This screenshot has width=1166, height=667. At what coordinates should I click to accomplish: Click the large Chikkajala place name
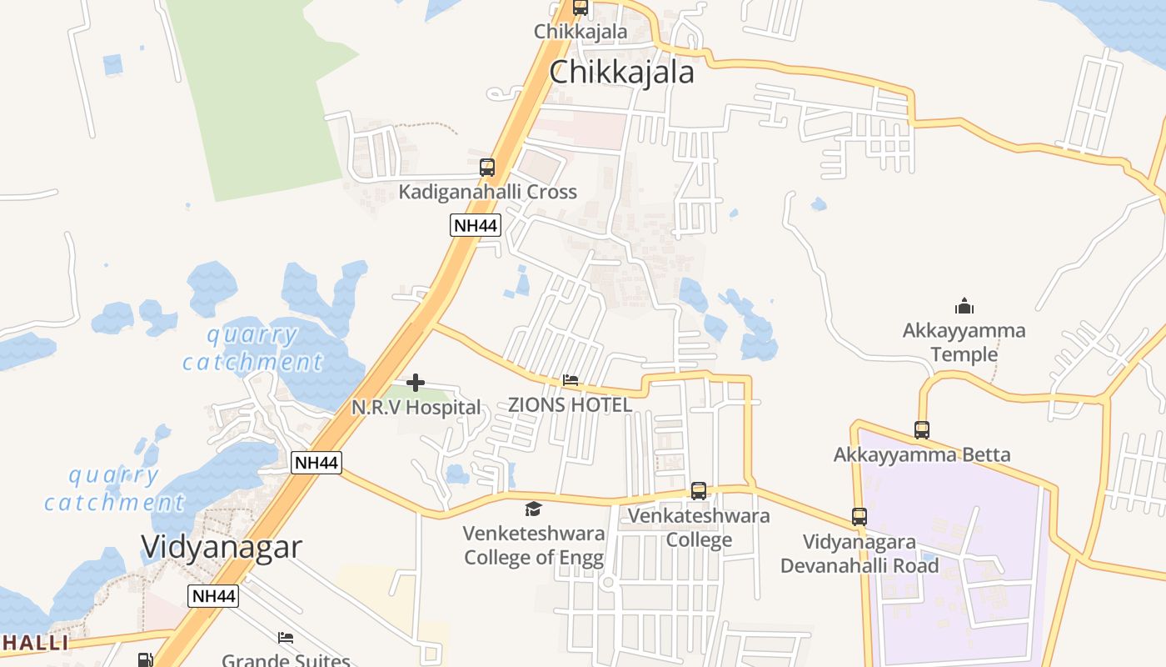pos(621,73)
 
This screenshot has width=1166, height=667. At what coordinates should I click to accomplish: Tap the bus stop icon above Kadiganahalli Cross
pos(487,168)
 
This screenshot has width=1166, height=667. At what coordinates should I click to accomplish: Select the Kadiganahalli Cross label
pos(487,192)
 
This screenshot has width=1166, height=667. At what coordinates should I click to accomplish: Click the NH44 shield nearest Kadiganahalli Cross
pos(476,224)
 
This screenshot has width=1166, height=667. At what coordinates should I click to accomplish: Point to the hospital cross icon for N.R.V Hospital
pos(416,383)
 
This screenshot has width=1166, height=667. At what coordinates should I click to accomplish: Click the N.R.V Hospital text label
pos(416,408)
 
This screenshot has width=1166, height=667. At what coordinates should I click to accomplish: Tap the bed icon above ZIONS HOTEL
pos(571,380)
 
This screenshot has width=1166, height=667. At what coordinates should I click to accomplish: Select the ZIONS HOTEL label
pos(570,405)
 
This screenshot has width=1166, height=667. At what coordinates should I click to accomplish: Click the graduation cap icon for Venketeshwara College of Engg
pos(533,509)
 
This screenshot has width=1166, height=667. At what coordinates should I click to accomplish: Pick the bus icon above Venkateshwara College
pos(699,491)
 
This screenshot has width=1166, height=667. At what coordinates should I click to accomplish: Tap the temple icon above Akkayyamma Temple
pos(964,306)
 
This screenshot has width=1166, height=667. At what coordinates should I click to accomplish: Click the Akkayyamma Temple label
pos(964,343)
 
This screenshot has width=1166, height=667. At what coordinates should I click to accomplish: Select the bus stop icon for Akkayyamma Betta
pos(922,430)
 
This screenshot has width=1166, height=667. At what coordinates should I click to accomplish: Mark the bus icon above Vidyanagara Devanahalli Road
pos(860,517)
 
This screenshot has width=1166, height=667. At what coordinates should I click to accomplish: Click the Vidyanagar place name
pos(222,547)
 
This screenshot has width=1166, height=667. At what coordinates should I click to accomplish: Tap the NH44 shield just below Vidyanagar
pos(213,596)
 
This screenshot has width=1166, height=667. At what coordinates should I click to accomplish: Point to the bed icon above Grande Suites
pos(286,638)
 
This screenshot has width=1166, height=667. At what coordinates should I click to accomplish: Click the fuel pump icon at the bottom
pos(145,659)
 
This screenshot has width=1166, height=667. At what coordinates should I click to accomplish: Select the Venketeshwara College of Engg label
pos(533,545)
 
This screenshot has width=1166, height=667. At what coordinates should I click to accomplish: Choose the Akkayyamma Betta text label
pos(922,455)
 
